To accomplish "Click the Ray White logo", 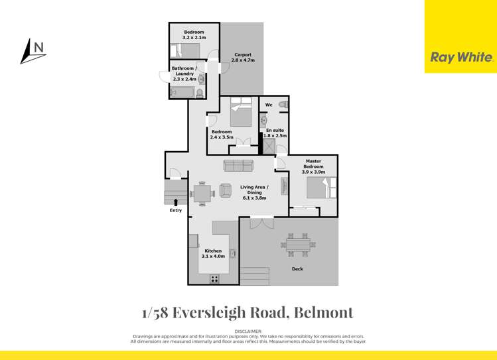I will [461, 57].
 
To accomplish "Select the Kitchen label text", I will [213, 251].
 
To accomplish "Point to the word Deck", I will [298, 269].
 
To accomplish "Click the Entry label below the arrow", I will [175, 211].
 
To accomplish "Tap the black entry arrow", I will [175, 202].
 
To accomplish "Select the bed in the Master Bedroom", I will [322, 188].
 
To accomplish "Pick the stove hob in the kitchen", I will [215, 278].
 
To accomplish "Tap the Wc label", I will [269, 105].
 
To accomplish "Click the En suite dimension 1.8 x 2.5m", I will [275, 136].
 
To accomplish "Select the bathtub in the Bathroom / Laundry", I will [182, 92].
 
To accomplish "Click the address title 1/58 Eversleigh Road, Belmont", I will [247, 312].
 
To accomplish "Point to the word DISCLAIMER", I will [248, 330].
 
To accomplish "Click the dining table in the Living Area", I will [204, 192].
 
